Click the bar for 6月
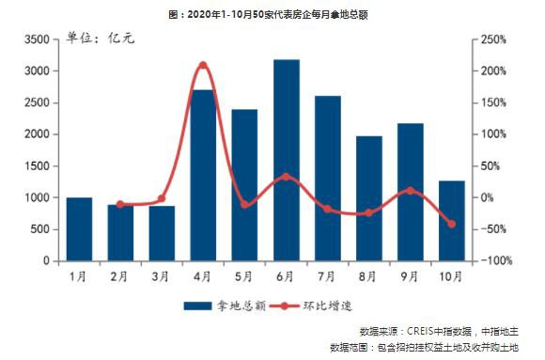286,160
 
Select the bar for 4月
203,175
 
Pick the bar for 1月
79,228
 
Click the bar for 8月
368,198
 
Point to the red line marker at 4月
203,66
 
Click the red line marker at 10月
451,224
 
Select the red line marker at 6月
286,176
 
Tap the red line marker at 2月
120,204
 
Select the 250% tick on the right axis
491,39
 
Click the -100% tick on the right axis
491,260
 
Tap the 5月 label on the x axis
244,276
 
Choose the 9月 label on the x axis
410,276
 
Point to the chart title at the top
272,13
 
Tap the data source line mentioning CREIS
440,332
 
